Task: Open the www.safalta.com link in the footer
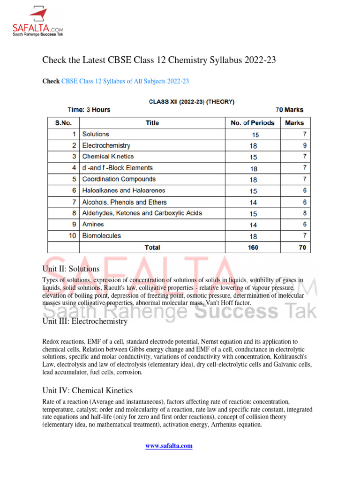(169, 446)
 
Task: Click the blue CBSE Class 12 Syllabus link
(125, 81)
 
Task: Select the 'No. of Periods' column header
(253, 123)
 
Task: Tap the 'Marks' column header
(294, 123)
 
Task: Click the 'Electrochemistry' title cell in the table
(106, 146)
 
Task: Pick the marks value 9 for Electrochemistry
(304, 146)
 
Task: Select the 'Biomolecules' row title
(101, 236)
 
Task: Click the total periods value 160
(253, 247)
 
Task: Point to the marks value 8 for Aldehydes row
(304, 213)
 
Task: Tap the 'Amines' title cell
(93, 225)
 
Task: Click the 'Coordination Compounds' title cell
(119, 180)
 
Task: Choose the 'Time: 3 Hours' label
(89, 110)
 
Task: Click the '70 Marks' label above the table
(289, 110)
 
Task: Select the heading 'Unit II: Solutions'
(71, 269)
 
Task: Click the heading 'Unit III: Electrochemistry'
(85, 322)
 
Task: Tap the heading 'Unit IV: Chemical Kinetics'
(88, 390)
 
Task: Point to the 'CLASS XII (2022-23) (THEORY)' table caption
(192, 101)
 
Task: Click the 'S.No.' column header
(64, 123)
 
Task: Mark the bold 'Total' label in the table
(152, 247)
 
